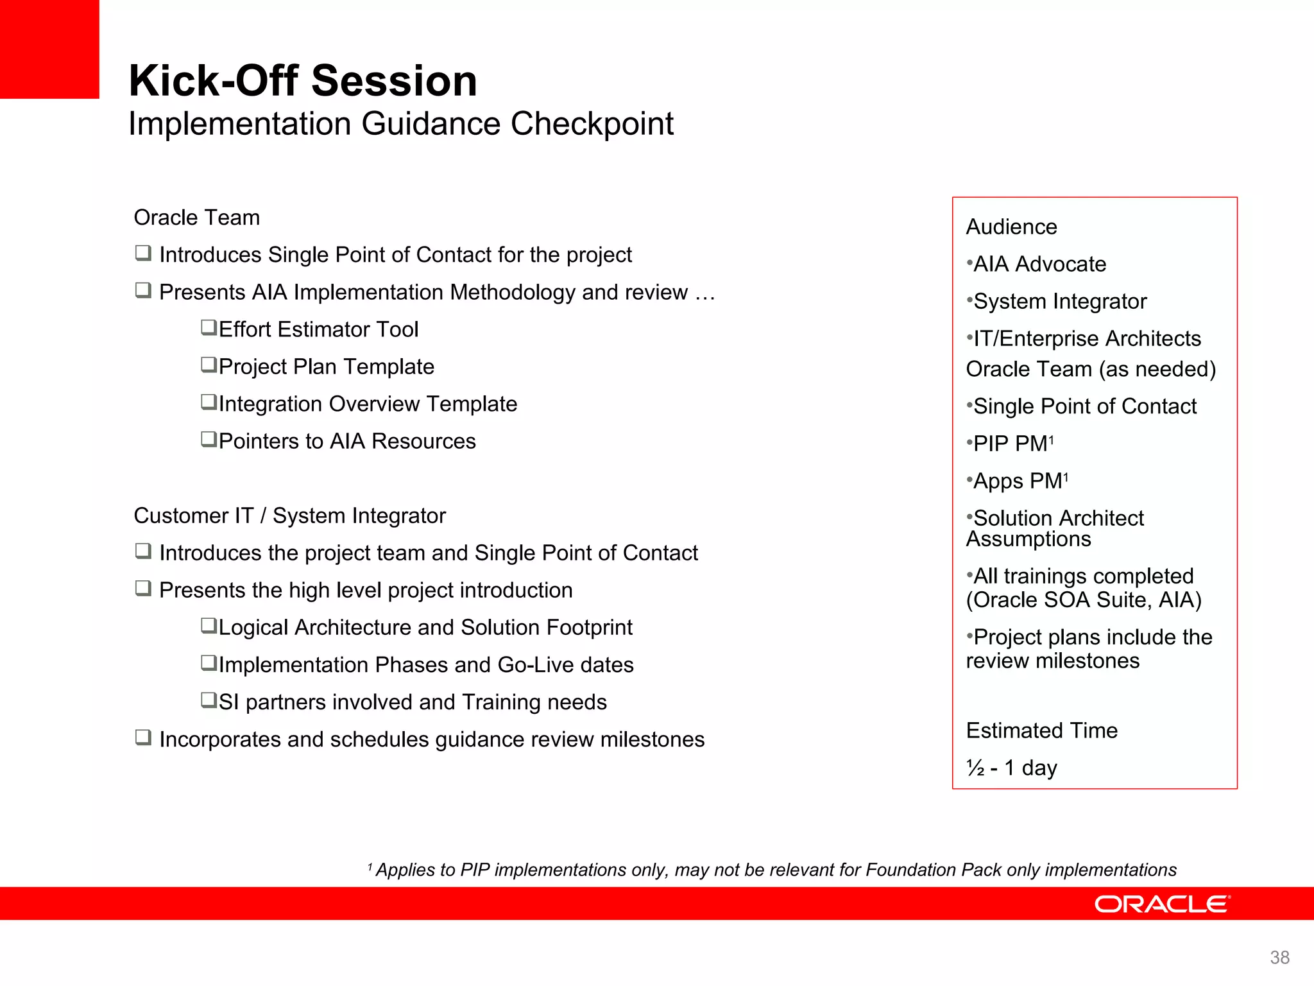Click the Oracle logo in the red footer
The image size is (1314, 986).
(1161, 904)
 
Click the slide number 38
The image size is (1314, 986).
(1279, 957)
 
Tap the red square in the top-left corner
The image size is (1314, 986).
(49, 49)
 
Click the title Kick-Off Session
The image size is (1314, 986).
(303, 81)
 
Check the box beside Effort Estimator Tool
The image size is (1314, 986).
(209, 327)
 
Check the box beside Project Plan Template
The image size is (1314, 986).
(209, 365)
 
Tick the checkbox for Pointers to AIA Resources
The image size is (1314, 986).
(209, 439)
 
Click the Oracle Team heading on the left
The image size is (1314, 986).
(196, 218)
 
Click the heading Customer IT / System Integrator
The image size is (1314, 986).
(289, 515)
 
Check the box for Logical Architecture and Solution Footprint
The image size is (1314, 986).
(209, 625)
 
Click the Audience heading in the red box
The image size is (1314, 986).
(1011, 227)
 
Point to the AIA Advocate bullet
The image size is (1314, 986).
(1039, 264)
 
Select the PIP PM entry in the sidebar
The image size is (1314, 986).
(1010, 444)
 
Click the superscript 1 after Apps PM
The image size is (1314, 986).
(1066, 476)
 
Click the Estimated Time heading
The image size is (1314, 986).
(1041, 731)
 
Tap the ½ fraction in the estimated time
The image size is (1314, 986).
(975, 768)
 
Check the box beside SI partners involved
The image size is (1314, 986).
(209, 700)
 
